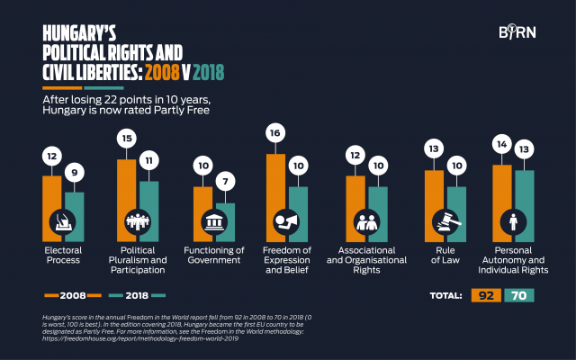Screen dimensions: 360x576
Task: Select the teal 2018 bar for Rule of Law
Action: tap(457, 202)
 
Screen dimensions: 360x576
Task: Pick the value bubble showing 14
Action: tap(501, 144)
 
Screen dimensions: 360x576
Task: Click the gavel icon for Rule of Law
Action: tap(445, 220)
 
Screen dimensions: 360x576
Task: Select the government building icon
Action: tap(214, 221)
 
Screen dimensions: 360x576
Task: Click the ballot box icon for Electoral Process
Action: tap(62, 220)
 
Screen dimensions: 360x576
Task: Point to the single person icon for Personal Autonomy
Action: tap(512, 220)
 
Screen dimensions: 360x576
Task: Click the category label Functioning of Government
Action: tap(214, 255)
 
